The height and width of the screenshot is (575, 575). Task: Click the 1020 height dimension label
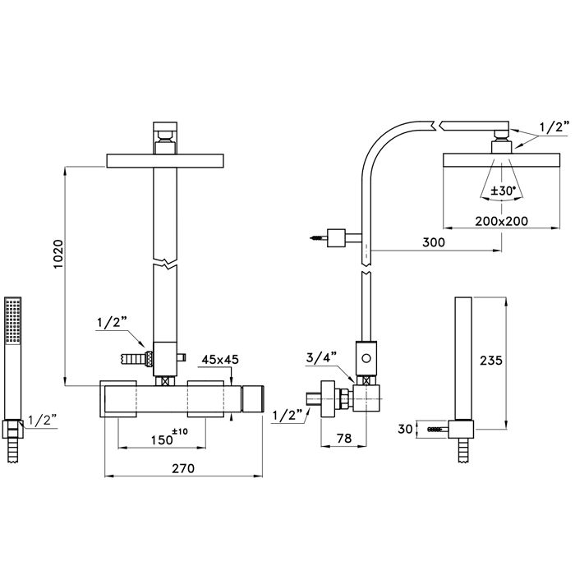(x=58, y=254)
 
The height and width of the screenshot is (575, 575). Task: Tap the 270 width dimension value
(x=183, y=468)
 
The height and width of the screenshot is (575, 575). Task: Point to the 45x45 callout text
(x=220, y=360)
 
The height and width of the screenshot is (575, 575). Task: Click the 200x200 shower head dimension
(x=502, y=221)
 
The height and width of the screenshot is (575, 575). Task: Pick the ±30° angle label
(x=503, y=191)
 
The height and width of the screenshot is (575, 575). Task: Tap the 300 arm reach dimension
(x=434, y=242)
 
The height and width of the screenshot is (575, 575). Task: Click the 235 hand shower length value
(x=491, y=361)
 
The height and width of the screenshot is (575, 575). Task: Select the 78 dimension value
(x=344, y=438)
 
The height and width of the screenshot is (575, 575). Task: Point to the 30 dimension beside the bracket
(x=405, y=429)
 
